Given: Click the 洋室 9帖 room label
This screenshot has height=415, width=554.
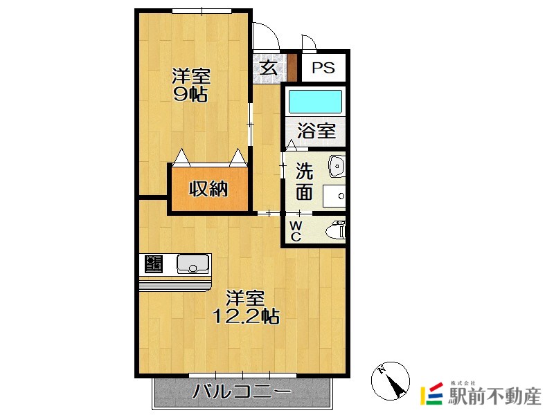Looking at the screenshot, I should [190, 85].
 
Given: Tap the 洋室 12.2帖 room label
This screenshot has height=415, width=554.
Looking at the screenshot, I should [246, 307].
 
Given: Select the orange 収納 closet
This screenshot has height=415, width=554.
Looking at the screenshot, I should [208, 188].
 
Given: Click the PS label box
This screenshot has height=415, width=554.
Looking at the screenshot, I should [323, 68].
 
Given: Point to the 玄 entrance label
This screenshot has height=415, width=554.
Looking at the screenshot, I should [268, 68].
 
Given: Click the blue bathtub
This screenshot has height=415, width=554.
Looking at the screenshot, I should [315, 102].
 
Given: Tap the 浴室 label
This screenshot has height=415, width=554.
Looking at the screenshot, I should [316, 131].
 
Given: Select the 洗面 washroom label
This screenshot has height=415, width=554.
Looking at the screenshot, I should [305, 181].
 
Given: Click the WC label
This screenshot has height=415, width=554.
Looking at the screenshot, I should [295, 231].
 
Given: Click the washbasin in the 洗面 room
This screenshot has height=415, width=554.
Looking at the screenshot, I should [336, 165].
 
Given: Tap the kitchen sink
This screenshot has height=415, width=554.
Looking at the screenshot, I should [193, 264].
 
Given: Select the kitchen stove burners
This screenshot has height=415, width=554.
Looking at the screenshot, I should [153, 264].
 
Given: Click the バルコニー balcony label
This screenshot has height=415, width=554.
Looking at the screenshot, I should [242, 392].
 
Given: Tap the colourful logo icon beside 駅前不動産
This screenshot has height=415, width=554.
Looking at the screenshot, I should [434, 394].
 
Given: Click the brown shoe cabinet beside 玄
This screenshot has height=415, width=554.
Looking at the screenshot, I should [292, 68].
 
